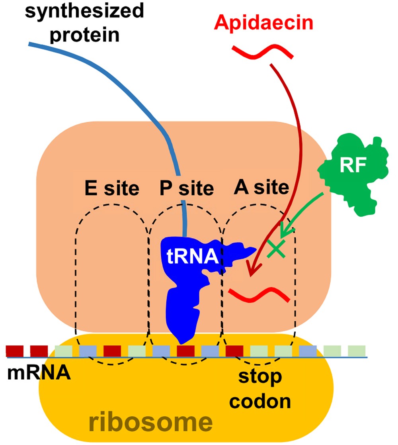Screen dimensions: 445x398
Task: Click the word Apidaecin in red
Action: (263, 24)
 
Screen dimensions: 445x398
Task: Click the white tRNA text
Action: (191, 255)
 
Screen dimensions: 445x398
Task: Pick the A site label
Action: (261, 187)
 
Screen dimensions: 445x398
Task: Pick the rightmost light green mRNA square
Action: (357, 351)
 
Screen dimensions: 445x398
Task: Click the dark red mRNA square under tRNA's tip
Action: (185, 351)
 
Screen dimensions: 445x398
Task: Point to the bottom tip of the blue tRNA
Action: (181, 341)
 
